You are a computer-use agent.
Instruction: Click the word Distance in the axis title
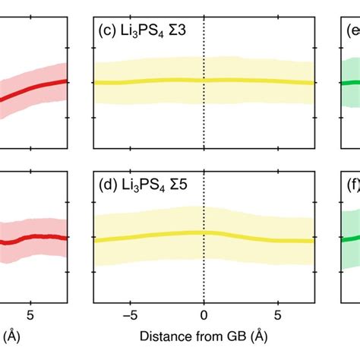coord(162,335)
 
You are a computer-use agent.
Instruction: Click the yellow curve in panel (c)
coord(152,81)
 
